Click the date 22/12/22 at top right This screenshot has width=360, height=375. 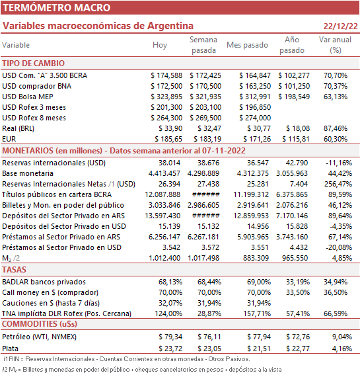click(x=341, y=26)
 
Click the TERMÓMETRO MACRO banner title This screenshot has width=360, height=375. click(x=56, y=8)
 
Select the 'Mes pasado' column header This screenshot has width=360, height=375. click(x=247, y=45)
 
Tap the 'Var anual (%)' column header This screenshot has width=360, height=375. click(x=335, y=45)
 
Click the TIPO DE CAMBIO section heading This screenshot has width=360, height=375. click(x=34, y=63)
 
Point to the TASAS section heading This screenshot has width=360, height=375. click(x=14, y=270)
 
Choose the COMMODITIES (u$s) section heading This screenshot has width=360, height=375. click(x=40, y=324)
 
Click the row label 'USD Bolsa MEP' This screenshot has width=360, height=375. click(x=28, y=97)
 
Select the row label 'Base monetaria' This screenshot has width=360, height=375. click(x=28, y=173)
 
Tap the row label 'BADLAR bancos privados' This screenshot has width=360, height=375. click(x=44, y=282)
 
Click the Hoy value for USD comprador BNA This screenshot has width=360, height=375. click(x=166, y=86)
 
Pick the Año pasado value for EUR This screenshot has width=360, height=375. click(x=296, y=139)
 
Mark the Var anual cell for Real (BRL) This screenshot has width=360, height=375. click(x=336, y=128)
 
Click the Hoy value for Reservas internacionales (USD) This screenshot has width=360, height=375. click(x=169, y=163)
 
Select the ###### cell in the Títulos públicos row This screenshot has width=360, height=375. click(x=205, y=194)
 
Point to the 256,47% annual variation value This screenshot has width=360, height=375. click(x=338, y=184)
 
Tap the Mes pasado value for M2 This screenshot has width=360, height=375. click(x=256, y=258)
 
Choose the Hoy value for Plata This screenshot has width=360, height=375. click(x=170, y=349)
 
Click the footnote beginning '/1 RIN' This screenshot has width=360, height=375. click(x=127, y=359)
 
